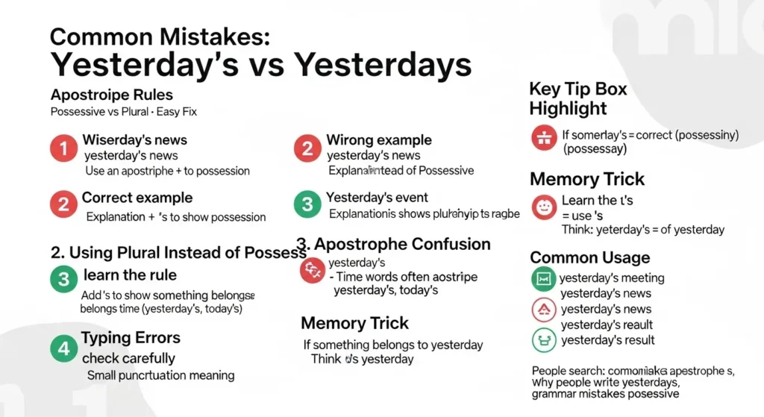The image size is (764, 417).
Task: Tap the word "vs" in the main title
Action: click(257, 65)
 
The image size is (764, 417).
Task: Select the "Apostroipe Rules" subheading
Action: click(112, 95)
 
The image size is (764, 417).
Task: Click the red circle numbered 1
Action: click(64, 149)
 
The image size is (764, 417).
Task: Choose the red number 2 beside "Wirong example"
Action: click(307, 148)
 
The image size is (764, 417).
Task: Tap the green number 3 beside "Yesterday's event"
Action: click(307, 204)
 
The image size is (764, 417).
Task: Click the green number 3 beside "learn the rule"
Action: click(64, 280)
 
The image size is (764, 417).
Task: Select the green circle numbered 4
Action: click(64, 347)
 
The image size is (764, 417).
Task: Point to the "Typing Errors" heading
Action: click(131, 338)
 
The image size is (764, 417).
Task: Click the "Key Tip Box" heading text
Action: click(578, 90)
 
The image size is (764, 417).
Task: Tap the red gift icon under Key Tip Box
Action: click(544, 137)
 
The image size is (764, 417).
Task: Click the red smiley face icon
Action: click(544, 207)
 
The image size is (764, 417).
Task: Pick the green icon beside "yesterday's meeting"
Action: click(543, 279)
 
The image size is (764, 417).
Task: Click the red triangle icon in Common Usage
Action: click(543, 309)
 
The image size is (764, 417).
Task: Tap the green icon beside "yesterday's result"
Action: click(543, 340)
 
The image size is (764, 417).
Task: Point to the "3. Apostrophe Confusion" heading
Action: click(393, 244)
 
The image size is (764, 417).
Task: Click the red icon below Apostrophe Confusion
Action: click(311, 272)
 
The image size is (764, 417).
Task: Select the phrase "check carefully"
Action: click(129, 358)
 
